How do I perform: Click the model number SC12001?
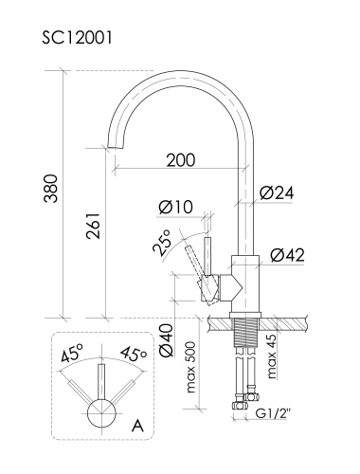click(x=77, y=38)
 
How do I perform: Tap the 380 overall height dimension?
click(x=51, y=189)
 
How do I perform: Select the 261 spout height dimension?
click(x=93, y=226)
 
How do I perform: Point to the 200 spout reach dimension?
click(x=181, y=160)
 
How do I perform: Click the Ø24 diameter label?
click(x=277, y=193)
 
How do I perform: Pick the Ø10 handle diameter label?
click(x=176, y=208)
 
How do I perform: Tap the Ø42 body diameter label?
click(x=287, y=255)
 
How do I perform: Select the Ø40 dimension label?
click(x=167, y=340)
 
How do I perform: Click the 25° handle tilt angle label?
click(x=162, y=242)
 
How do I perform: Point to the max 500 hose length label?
click(x=191, y=367)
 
